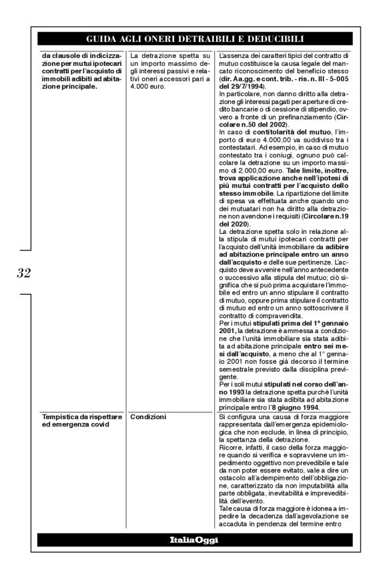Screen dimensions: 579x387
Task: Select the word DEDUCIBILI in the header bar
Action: pos(274,39)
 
